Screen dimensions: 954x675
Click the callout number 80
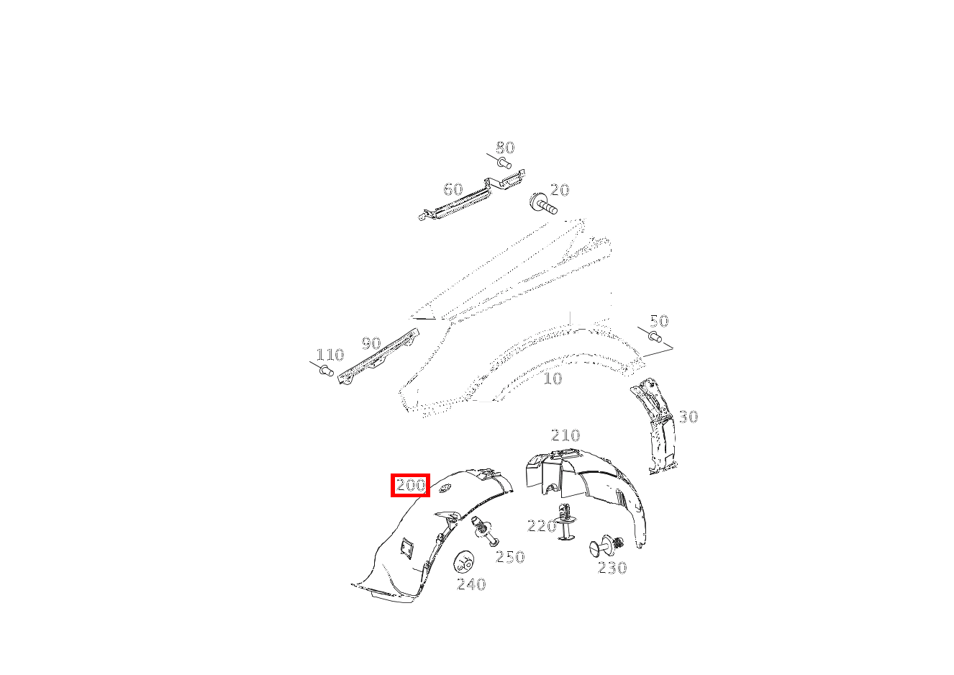click(x=506, y=148)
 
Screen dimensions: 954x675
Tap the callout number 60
click(x=453, y=189)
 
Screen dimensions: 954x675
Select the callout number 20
click(x=560, y=190)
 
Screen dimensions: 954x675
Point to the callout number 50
click(x=659, y=321)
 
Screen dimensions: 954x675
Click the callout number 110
click(x=330, y=355)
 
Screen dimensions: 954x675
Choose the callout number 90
click(x=371, y=343)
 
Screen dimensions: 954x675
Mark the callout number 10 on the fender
click(x=553, y=379)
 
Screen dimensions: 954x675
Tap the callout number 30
click(x=689, y=417)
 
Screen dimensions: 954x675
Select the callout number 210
click(x=565, y=435)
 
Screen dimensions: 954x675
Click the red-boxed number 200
click(x=411, y=485)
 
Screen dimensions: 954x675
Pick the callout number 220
click(x=542, y=526)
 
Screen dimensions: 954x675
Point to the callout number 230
click(x=612, y=568)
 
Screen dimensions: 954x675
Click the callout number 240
click(x=471, y=584)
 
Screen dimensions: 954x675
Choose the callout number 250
click(x=510, y=557)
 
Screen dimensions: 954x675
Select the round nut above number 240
click(x=464, y=563)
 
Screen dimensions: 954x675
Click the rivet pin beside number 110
click(x=326, y=371)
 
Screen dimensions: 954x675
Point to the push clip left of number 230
click(x=607, y=546)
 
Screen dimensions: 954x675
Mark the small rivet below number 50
click(x=655, y=337)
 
